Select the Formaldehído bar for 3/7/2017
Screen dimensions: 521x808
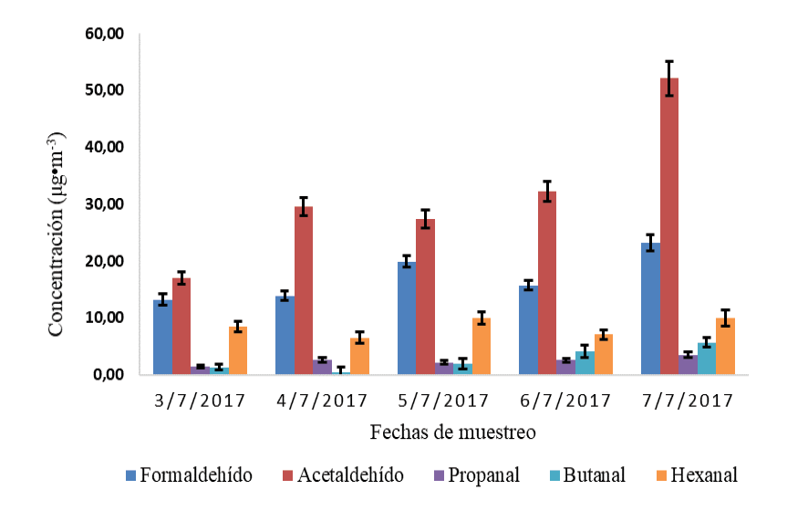point(162,338)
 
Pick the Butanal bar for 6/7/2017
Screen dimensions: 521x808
point(585,363)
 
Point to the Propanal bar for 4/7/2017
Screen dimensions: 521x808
point(322,368)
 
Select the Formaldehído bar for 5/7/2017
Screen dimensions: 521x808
point(407,318)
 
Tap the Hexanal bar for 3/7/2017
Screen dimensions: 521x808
point(238,351)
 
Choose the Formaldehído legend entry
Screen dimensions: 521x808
point(188,475)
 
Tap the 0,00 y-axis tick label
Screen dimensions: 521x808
point(108,375)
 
